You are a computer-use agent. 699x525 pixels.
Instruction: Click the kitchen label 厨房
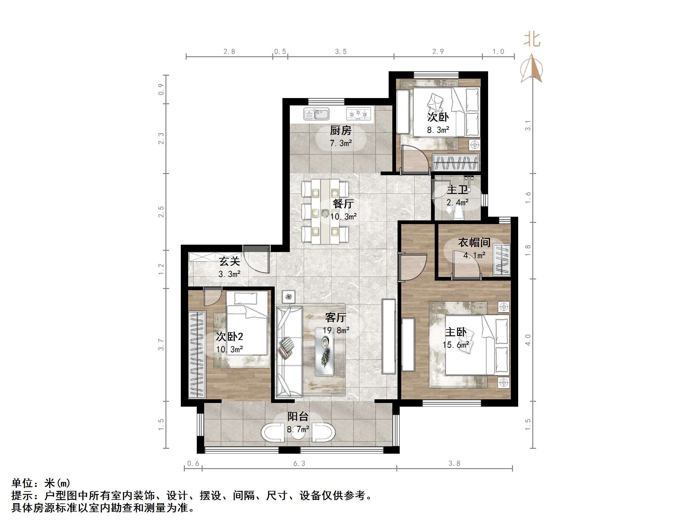coord(340,130)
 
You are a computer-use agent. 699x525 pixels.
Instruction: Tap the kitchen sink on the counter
coord(316,114)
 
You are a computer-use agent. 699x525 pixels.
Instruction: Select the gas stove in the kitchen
coord(358,114)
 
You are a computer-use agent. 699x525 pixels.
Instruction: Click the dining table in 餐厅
coord(325,211)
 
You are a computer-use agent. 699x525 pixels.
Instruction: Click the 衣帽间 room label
coord(474,243)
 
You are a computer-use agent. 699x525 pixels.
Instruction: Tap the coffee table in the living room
coord(324,352)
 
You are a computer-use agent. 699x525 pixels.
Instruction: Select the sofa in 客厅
coord(289,351)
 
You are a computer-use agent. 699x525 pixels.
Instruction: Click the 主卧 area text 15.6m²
coord(455,345)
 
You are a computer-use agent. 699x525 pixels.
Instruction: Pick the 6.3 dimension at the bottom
coord(299,464)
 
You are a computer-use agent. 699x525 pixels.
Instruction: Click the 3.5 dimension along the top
coord(341,52)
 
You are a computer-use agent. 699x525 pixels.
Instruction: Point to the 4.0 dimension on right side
coord(528,340)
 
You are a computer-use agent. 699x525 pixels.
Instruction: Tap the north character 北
coord(532,40)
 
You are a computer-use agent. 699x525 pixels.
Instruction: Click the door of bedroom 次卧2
coord(212,296)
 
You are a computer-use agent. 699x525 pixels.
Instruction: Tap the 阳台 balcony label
coord(298,416)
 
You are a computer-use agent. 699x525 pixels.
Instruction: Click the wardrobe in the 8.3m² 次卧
coord(456,162)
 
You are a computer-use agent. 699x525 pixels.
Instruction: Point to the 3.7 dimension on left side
coord(161,344)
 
